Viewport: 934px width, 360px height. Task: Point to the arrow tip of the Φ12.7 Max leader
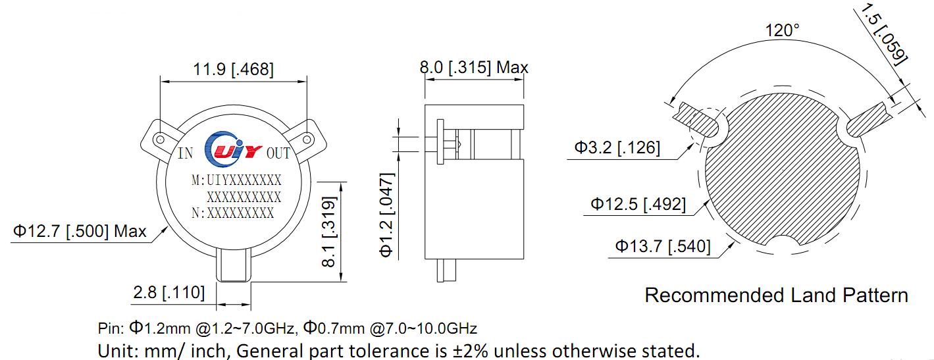click(168, 226)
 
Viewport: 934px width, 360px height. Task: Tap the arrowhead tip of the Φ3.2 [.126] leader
click(693, 143)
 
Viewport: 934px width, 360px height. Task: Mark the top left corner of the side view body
click(425, 105)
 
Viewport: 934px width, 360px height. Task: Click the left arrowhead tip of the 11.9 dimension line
click(161, 82)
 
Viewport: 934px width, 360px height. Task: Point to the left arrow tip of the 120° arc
click(669, 104)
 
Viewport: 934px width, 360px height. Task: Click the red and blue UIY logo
click(232, 149)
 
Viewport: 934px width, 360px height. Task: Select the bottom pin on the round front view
click(234, 265)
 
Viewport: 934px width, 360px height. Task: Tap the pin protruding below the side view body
click(446, 270)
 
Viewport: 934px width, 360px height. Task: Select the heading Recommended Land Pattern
click(777, 296)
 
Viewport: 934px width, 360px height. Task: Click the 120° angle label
click(783, 30)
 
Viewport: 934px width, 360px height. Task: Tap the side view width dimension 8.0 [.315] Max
click(474, 67)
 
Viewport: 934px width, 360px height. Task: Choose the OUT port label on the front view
click(278, 153)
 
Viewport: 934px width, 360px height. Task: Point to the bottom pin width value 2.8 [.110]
click(169, 292)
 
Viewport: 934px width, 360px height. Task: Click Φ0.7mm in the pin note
click(334, 328)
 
